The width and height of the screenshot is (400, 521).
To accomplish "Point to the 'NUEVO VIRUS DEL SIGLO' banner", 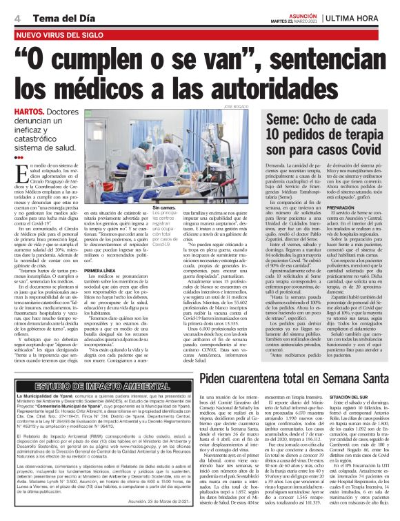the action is (63, 34).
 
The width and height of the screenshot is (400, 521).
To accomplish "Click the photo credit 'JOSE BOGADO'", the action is (237, 107).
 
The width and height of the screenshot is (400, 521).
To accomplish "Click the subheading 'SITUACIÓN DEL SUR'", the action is (359, 398).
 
